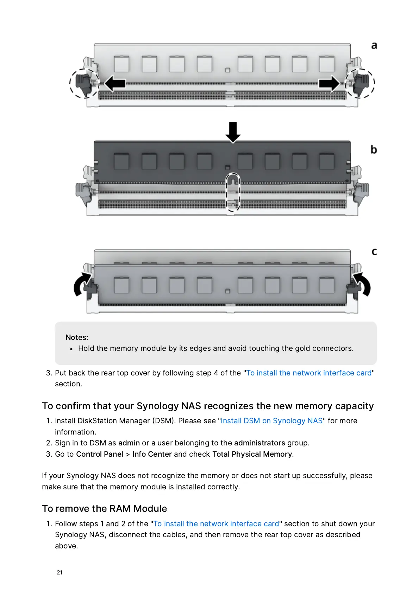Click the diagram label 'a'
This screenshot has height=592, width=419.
pos(374,46)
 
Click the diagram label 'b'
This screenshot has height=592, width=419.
pos(374,150)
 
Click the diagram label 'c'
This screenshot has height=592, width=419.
pos(374,252)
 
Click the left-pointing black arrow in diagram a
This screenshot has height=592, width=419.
pos(115,84)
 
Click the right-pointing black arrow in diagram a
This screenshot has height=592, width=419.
pos(329,84)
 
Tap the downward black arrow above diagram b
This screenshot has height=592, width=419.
pos(233,132)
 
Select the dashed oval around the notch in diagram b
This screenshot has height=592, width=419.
pos(233,192)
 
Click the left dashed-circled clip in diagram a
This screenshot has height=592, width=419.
pos(85,83)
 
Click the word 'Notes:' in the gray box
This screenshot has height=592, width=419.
pos(77,337)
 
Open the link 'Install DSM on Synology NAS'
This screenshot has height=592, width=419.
pos(271,421)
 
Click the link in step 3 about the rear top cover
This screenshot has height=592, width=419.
pos(309,373)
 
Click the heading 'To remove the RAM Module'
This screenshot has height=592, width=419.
pos(105,509)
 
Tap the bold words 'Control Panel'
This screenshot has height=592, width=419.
pos(100,454)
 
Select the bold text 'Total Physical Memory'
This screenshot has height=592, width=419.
pos(252,454)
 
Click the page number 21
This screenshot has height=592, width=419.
pos(60,572)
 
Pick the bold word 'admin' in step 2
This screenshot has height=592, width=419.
pos(129,443)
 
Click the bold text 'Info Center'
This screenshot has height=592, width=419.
pos(152,454)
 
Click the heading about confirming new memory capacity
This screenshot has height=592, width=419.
pos(208,406)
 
